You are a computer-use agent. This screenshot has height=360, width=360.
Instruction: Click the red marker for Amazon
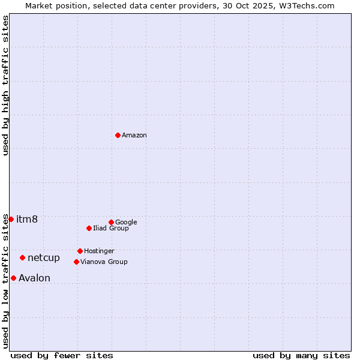point(118,135)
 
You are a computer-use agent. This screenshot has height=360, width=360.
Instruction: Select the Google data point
point(111,222)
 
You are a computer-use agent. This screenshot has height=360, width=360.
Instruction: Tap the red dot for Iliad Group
point(89,228)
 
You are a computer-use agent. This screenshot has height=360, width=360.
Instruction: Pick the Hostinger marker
point(80,251)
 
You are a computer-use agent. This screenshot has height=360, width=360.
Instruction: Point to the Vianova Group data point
point(76,262)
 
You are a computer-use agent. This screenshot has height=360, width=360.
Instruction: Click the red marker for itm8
point(11,219)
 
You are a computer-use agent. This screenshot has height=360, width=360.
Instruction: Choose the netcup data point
point(22,257)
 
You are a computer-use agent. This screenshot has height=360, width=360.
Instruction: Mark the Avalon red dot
point(13,278)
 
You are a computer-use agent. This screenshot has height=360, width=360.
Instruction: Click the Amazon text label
point(134,136)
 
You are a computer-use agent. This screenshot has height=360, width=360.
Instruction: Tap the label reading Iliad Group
point(110,228)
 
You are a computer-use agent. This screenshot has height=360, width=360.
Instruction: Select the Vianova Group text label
point(104,262)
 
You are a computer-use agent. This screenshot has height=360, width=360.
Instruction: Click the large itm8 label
point(27,219)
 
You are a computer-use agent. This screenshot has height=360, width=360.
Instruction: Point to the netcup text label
point(44,258)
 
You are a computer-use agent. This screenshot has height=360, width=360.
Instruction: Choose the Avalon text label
point(34,278)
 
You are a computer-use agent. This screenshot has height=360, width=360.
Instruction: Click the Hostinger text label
point(99,251)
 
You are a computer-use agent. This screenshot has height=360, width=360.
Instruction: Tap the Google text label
point(126,222)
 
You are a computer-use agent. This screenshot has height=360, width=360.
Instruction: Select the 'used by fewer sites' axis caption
point(62,355)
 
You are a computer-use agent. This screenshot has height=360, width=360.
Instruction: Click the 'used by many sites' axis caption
point(301,355)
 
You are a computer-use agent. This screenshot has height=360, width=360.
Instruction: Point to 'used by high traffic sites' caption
point(5,85)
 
